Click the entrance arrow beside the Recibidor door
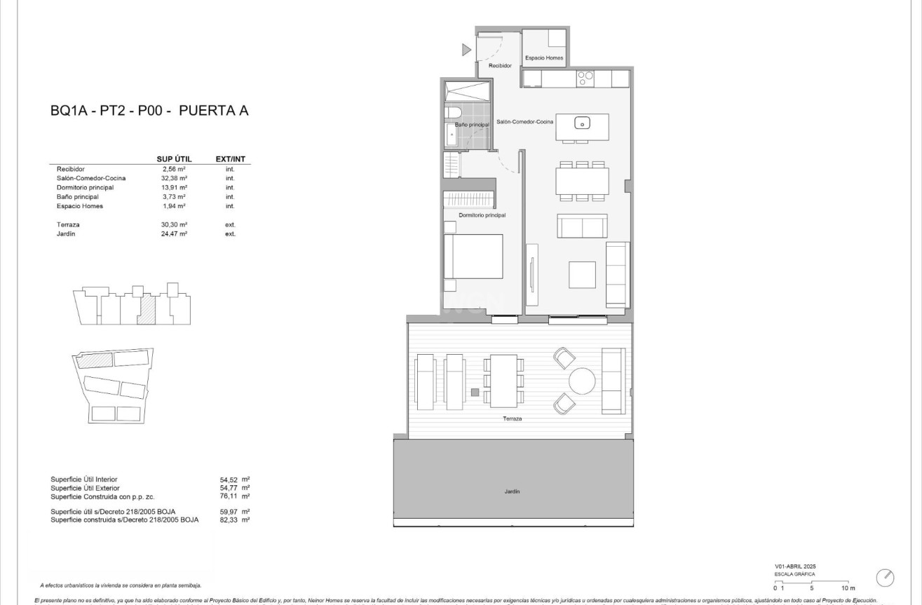[x=466, y=50]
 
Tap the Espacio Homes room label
[x=544, y=58]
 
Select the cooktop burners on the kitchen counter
[x=585, y=79]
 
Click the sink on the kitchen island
[x=582, y=123]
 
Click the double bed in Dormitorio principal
[x=473, y=257]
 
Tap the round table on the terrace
[x=582, y=381]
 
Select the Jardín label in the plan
[x=512, y=491]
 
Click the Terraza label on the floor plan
[x=512, y=419]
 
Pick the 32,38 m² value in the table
[x=174, y=178]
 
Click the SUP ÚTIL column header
[x=174, y=159]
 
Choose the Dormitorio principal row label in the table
[x=86, y=187]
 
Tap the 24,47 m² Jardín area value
[x=174, y=233]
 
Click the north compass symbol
[x=885, y=578]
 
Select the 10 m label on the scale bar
[x=848, y=588]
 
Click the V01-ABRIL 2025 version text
[x=795, y=566]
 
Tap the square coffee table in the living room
[x=582, y=275]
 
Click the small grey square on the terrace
[x=475, y=392]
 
